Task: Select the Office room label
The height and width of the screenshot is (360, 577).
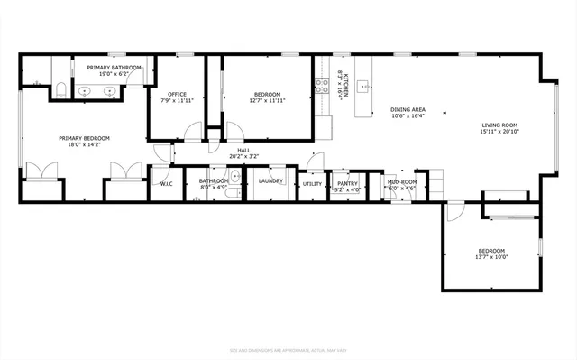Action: [178, 96]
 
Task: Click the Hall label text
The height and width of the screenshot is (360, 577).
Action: [243, 150]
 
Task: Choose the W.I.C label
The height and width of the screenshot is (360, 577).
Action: [166, 184]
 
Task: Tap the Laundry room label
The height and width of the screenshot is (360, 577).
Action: [270, 181]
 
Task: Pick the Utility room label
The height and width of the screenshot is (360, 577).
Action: [312, 184]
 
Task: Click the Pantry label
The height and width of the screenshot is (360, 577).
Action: [348, 183]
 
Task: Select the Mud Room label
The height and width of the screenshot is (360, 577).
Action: [402, 182]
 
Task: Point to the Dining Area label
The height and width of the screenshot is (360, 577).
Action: [408, 110]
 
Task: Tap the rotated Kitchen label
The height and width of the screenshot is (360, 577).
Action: [339, 85]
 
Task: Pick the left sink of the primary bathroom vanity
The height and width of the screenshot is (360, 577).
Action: [87, 90]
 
